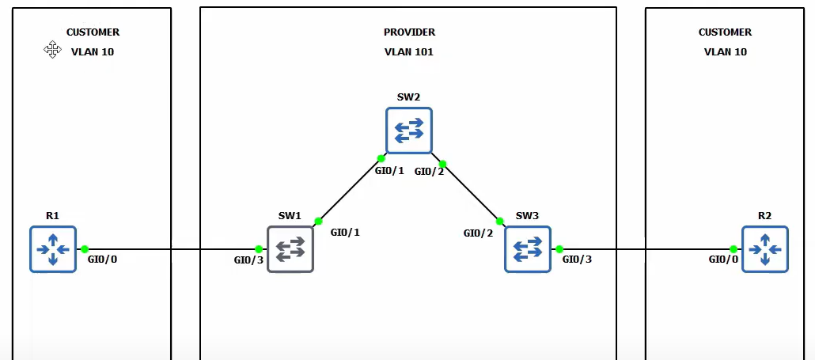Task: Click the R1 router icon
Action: click(53, 249)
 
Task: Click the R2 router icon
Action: click(764, 249)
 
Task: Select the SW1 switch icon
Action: click(290, 249)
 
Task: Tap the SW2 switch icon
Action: click(409, 131)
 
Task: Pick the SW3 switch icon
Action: click(528, 249)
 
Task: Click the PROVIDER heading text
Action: click(409, 32)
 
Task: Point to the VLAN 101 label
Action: click(409, 52)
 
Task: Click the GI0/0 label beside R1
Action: click(102, 260)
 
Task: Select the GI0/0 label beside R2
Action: click(723, 260)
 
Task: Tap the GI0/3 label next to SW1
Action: click(248, 260)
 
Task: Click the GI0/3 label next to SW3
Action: click(577, 259)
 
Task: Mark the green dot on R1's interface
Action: click(85, 249)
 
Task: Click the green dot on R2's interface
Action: click(733, 249)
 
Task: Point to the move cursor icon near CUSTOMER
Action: click(53, 50)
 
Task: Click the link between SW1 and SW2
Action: click(349, 190)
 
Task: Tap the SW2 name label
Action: click(408, 97)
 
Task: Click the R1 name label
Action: click(53, 215)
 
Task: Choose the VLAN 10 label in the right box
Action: click(725, 52)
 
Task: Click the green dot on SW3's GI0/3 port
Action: click(559, 249)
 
